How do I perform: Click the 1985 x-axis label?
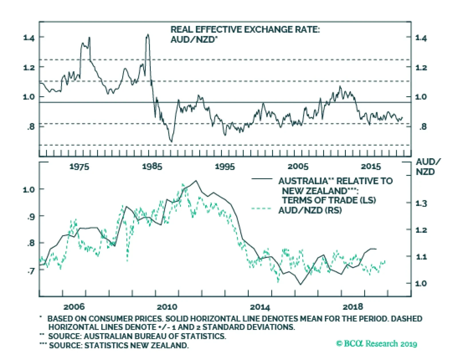(152, 167)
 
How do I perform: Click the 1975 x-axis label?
(79, 167)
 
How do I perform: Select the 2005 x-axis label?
(298, 167)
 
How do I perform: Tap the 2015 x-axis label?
(371, 167)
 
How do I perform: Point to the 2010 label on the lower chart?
(167, 307)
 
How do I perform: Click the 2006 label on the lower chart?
(74, 307)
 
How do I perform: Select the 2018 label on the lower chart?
(353, 307)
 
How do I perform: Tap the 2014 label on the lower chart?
(260, 307)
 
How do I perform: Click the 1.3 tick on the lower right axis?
(421, 203)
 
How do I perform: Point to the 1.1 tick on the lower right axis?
(421, 257)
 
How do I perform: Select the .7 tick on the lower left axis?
(31, 270)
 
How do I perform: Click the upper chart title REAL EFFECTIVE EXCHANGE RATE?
(245, 30)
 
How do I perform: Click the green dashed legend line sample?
(261, 209)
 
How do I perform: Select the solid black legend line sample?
(262, 179)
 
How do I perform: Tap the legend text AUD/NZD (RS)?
(310, 210)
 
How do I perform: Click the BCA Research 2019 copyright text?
(377, 343)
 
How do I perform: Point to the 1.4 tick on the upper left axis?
(29, 37)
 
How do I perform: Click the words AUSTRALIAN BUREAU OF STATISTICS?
(155, 336)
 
